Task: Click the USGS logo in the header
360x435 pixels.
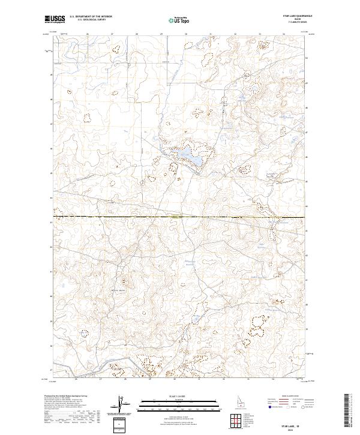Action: [x=55, y=20]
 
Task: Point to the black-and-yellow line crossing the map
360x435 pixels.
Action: [x=180, y=217]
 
